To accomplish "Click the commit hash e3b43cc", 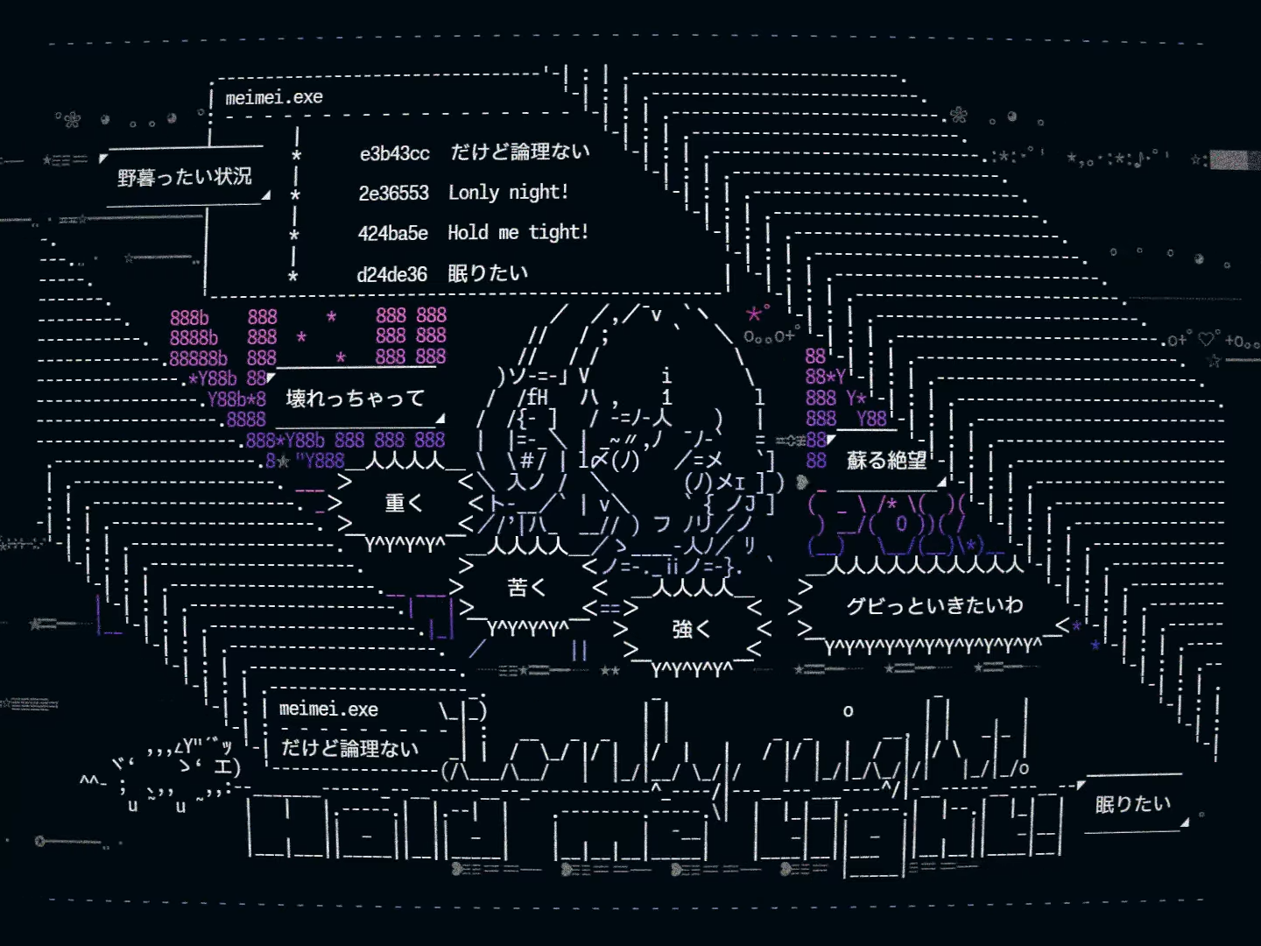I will click(x=394, y=154).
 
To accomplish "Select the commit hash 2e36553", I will click(x=393, y=194).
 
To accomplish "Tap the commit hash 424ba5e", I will click(x=392, y=234).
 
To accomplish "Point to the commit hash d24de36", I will click(x=391, y=275).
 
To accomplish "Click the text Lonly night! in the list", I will click(x=508, y=193).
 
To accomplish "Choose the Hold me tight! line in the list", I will click(x=518, y=233).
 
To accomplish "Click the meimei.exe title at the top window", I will click(x=274, y=98).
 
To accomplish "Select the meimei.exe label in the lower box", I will click(x=328, y=709).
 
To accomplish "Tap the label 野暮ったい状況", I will click(x=185, y=178).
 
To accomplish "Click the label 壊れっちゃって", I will click(x=355, y=399).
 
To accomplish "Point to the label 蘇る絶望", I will click(x=886, y=461).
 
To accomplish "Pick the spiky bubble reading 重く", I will click(x=404, y=504).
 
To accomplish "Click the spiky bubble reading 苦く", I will click(x=526, y=588).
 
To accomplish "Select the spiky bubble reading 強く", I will click(x=691, y=629).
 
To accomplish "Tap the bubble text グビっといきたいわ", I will click(x=934, y=605).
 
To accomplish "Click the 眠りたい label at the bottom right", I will click(x=1132, y=804).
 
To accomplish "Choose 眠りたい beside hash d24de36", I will click(x=488, y=273).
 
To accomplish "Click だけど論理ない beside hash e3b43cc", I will click(x=520, y=152).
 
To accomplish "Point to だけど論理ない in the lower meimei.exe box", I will click(x=349, y=749).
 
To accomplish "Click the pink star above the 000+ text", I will click(x=753, y=314).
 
